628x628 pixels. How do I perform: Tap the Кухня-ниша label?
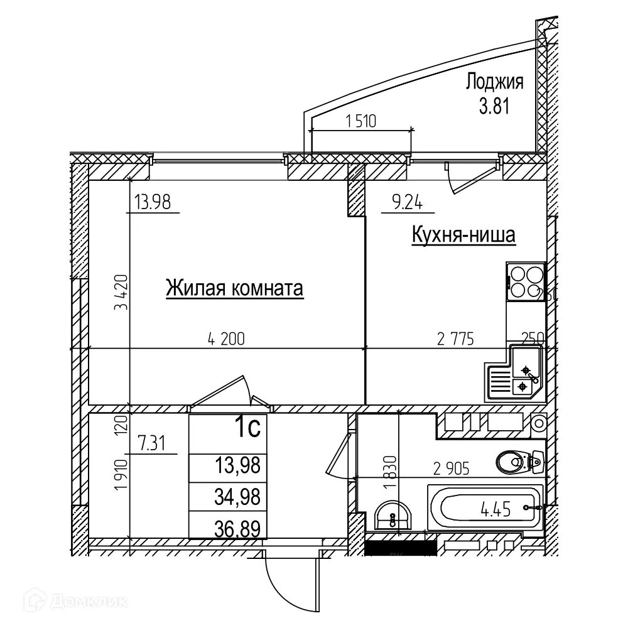click(463, 235)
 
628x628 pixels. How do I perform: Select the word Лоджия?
click(495, 82)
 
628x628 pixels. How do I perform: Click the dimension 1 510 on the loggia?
click(360, 122)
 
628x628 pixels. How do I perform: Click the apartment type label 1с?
click(247, 429)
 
